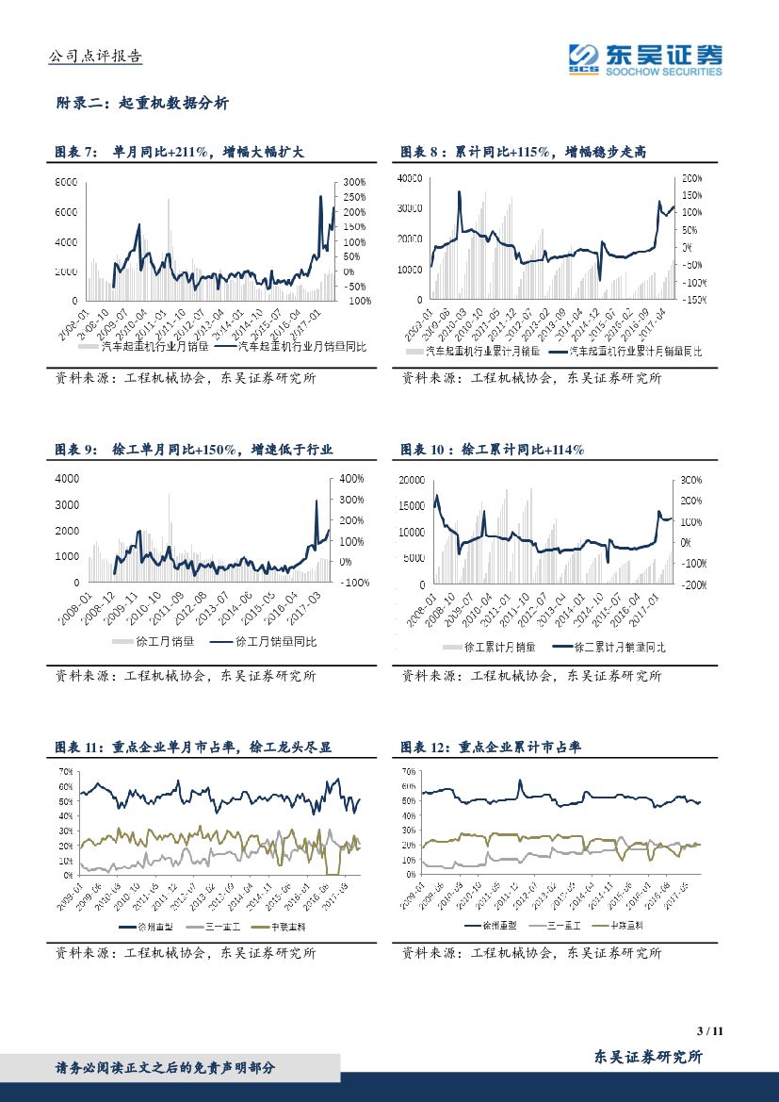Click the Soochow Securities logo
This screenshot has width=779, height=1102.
pos(645,58)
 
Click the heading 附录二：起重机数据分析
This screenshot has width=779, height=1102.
pos(142,104)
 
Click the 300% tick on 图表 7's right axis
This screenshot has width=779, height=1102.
pos(353,182)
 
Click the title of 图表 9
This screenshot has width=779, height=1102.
pos(194,450)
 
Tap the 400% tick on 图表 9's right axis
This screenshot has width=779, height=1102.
pos(351,479)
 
